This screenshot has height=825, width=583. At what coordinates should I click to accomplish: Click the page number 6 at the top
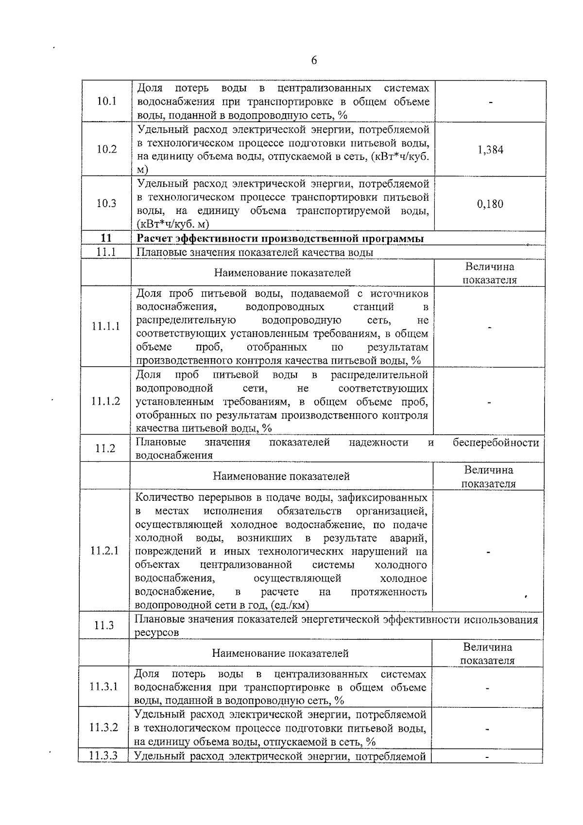click(314, 60)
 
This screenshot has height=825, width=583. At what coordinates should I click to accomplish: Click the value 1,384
click(490, 150)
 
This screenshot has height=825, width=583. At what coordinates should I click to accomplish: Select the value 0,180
click(490, 204)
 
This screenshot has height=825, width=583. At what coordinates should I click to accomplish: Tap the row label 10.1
click(106, 102)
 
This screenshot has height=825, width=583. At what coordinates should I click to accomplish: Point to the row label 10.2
click(106, 149)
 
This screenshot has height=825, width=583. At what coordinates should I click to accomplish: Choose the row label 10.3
click(106, 203)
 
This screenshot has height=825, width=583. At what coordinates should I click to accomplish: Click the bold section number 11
click(106, 238)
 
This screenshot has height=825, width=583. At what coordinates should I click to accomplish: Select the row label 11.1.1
click(106, 326)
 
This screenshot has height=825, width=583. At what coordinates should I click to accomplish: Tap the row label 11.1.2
click(106, 402)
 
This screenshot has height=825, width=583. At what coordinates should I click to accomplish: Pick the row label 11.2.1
click(104, 551)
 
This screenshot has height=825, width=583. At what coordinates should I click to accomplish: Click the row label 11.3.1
click(104, 686)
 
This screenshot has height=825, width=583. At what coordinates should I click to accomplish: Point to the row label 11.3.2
click(104, 728)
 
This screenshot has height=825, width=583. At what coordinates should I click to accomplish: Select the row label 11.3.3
click(104, 756)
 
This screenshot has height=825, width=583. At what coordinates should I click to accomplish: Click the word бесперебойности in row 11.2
click(496, 443)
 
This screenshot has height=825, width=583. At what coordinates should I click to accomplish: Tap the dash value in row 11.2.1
click(488, 552)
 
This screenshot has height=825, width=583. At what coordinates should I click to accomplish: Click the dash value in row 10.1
click(491, 103)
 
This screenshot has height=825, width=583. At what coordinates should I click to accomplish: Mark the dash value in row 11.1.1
click(490, 327)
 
